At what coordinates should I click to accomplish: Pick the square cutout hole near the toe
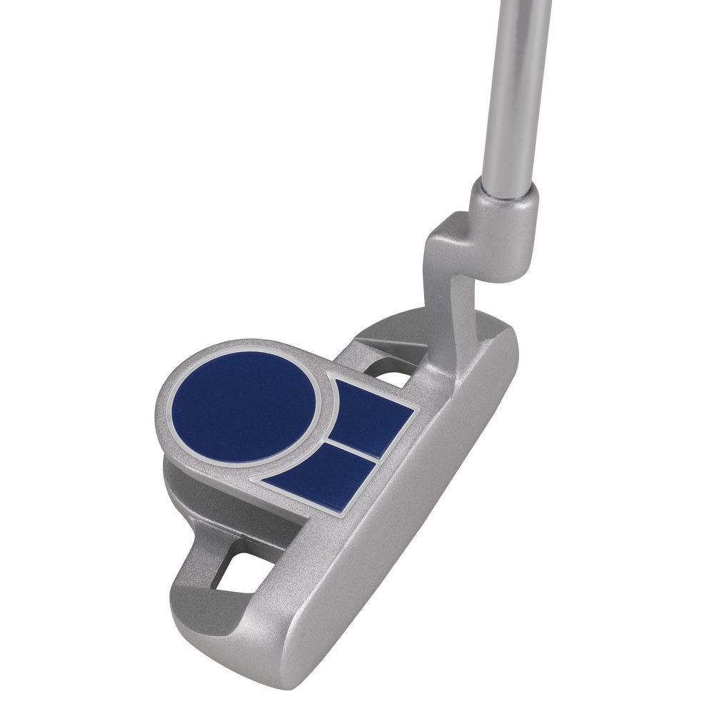click(x=239, y=571)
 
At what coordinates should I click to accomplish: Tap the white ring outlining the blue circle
click(x=169, y=407)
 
